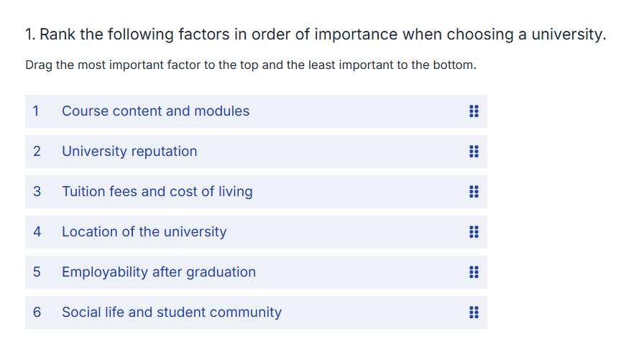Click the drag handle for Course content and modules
[474, 111]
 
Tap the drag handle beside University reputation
[474, 152]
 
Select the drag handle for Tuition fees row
[474, 192]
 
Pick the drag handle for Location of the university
[474, 232]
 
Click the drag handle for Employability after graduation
[474, 272]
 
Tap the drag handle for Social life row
[474, 313]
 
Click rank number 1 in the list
[36, 111]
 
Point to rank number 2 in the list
[37, 152]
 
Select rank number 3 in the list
[37, 192]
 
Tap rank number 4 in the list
[37, 232]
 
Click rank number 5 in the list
[37, 272]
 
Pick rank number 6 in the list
[37, 313]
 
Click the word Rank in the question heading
[58, 34]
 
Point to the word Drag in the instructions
[39, 65]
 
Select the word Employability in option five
[105, 272]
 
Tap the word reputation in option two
[164, 152]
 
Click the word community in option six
[246, 313]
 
